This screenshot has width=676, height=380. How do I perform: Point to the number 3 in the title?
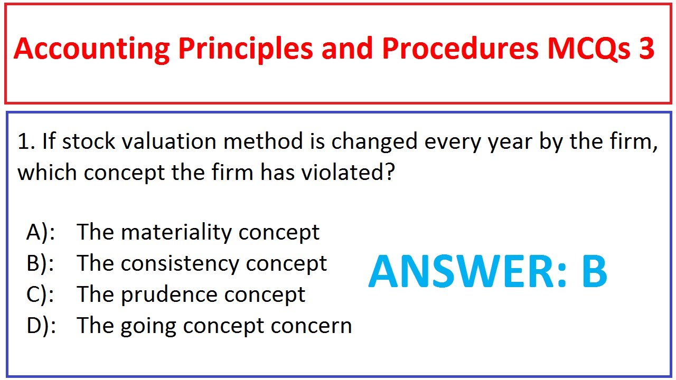point(645,49)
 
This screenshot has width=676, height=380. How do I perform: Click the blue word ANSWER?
point(467,272)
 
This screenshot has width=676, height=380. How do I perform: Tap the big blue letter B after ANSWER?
point(595,272)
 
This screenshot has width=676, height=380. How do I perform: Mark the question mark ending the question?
point(389,173)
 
